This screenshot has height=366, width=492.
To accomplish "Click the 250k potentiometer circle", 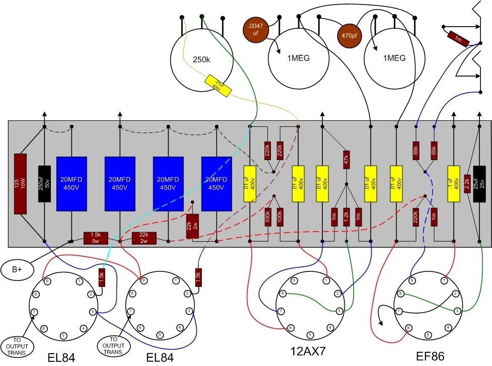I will coord(201,59).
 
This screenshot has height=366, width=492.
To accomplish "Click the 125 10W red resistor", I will coord(20,184).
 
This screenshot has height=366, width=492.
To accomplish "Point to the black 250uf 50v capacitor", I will coord(44,184).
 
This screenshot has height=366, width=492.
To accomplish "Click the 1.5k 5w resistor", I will coord(96,238).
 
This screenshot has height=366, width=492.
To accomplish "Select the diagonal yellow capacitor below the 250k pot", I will coord(218,85).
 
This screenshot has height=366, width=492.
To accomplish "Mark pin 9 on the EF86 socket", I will coord(412,280).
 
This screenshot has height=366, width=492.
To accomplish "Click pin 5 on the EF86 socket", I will coord(428,334).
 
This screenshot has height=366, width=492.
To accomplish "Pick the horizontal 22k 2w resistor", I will coord(144,238).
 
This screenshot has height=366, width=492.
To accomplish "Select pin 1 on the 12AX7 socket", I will coord(326,280).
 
